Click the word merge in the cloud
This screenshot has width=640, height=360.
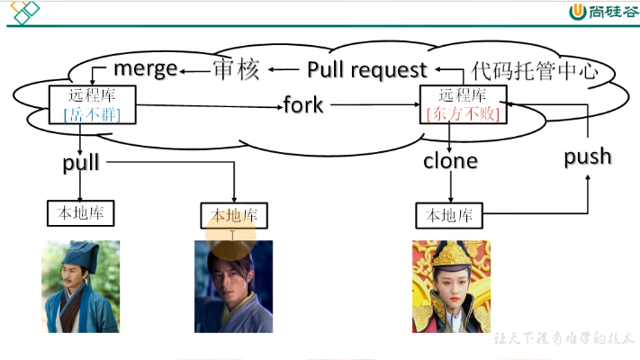145,69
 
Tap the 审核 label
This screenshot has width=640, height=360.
236,70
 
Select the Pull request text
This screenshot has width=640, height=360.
366,70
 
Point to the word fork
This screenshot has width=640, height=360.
303,105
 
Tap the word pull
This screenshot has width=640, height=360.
81,163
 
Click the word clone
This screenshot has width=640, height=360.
450,162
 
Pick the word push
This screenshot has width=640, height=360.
588,157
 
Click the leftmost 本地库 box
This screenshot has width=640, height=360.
80,213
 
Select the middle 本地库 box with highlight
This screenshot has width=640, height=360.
233,216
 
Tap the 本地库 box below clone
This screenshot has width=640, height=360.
449,216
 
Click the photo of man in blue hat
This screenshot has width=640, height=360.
80,286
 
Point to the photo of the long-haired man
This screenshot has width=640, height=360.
233,286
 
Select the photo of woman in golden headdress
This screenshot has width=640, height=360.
451,286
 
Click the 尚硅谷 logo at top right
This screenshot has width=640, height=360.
602,12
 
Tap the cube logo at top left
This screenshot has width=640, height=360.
23,13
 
